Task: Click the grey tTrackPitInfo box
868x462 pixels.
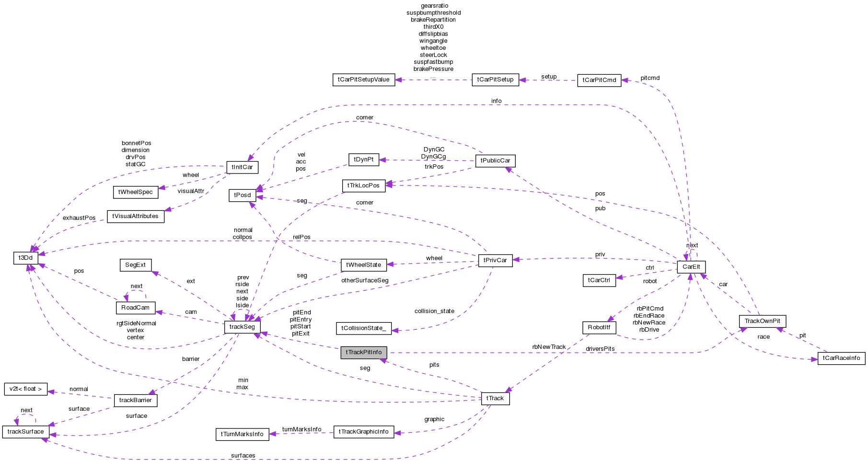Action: [363, 352]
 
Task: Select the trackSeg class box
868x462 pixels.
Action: [242, 327]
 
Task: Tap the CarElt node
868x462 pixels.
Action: [691, 267]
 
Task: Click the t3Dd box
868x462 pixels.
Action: [25, 258]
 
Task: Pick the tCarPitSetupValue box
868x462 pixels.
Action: [363, 80]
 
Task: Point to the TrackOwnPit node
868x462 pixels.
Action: [762, 321]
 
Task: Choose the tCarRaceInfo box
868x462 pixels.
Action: [841, 358]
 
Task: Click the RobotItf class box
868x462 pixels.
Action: [599, 327]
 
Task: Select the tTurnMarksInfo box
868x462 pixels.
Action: [242, 434]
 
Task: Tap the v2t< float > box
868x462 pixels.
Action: [25, 389]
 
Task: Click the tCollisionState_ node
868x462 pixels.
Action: [363, 328]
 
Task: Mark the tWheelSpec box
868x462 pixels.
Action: [135, 192]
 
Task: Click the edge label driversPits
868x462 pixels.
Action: [600, 349]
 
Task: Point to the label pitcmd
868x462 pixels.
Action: [650, 78]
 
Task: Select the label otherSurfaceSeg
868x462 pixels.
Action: [365, 280]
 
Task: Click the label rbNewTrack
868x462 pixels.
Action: [549, 347]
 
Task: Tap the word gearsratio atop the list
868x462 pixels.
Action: [434, 6]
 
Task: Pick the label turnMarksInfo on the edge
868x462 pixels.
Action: [301, 429]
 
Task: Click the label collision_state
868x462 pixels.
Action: [434, 311]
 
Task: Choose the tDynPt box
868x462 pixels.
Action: [363, 160]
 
